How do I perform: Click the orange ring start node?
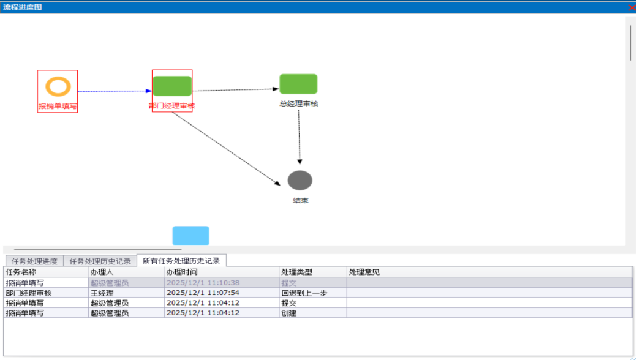click(x=58, y=86)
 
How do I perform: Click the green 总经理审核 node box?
click(x=298, y=84)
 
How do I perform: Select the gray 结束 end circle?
click(x=300, y=180)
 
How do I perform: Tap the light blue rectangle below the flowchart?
click(x=190, y=236)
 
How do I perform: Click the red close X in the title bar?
click(x=631, y=7)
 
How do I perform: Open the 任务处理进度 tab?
click(x=34, y=261)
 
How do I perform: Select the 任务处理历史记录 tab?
click(x=100, y=261)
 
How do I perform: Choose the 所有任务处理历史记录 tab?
click(x=181, y=261)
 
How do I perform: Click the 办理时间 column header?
click(x=182, y=272)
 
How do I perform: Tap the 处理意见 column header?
click(x=364, y=272)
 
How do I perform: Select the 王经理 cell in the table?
click(x=102, y=293)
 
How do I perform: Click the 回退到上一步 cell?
click(x=304, y=293)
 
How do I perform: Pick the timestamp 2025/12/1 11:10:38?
click(x=203, y=283)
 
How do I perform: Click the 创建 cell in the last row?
click(x=288, y=313)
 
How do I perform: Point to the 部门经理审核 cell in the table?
click(x=28, y=293)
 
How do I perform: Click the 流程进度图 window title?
click(x=23, y=7)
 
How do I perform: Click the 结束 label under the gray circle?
click(x=300, y=200)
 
